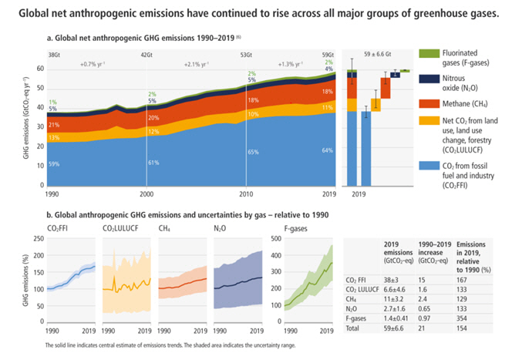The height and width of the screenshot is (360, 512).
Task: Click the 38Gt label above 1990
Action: (x=53, y=56)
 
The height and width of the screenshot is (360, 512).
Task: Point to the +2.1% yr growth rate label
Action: (x=197, y=66)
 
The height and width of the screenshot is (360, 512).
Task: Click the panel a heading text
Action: (x=139, y=36)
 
